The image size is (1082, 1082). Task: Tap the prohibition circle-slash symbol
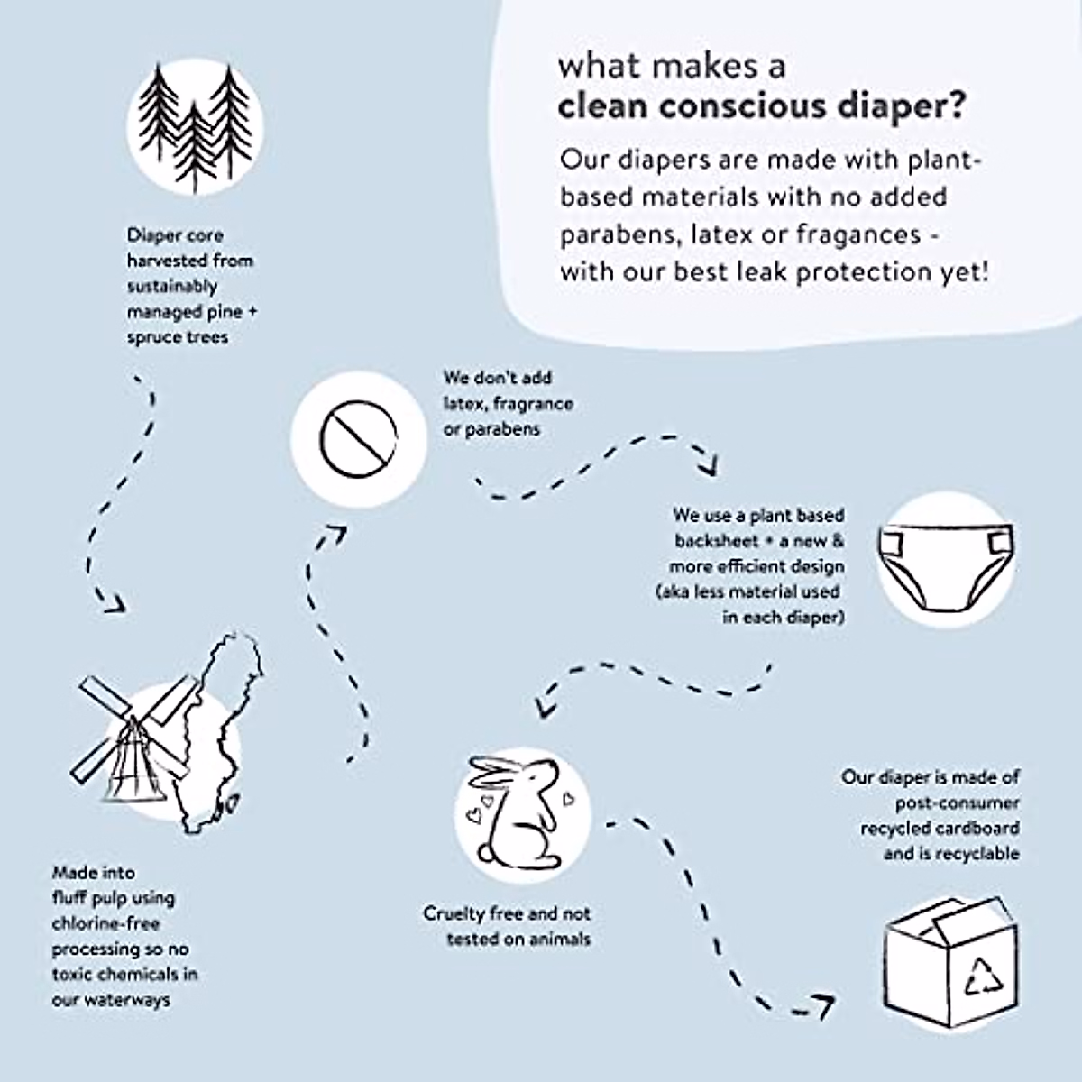point(358,440)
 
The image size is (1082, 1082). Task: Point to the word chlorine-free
point(105,923)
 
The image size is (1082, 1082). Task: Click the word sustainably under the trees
point(172,286)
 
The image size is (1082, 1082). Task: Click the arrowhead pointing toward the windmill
point(113,604)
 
